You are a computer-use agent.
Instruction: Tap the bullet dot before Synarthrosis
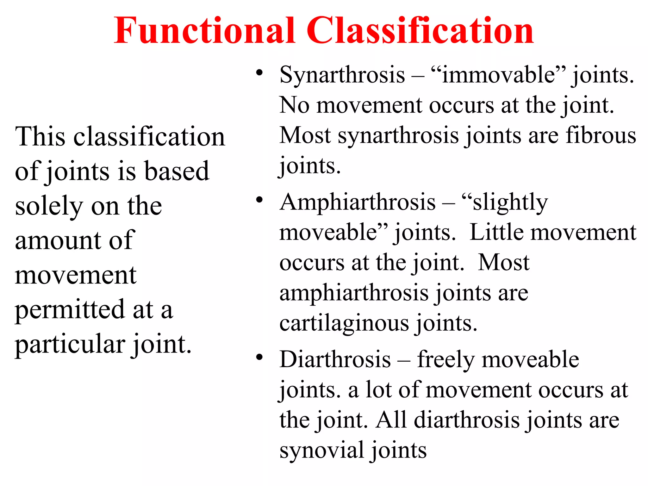point(259,73)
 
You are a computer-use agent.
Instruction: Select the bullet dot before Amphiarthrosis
point(259,200)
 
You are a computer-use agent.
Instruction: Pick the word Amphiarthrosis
point(358,202)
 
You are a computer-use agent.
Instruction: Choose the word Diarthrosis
point(335,360)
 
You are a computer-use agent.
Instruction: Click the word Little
point(497,233)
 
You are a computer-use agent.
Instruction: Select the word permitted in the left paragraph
point(70,310)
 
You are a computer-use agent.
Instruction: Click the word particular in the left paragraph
point(70,345)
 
